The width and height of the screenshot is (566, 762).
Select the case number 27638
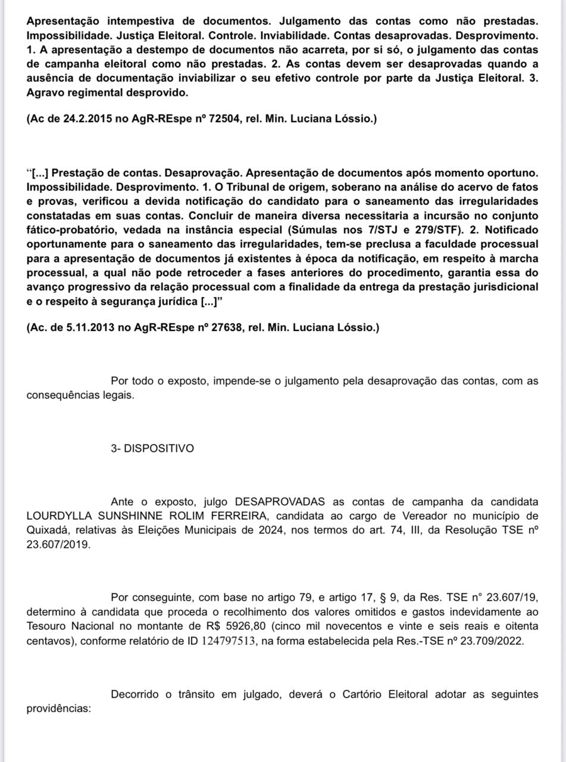click(227, 327)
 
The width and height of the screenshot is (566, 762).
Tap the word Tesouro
click(46, 626)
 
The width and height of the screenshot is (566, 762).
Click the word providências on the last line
click(58, 709)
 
